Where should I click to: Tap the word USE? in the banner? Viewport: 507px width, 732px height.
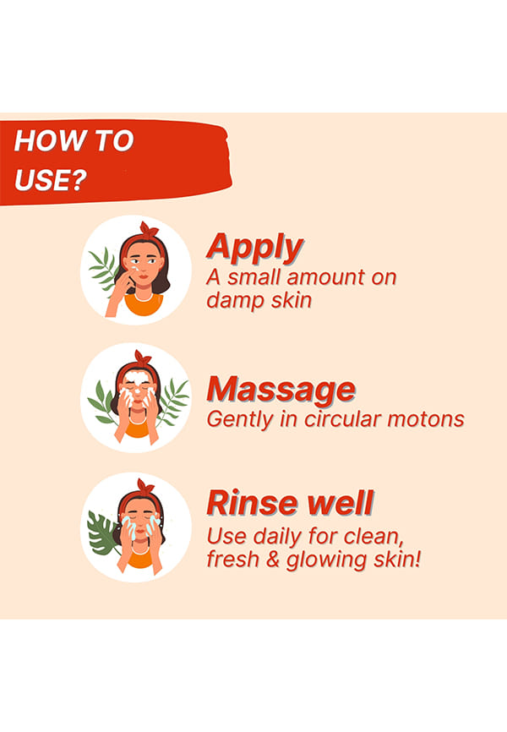coord(51,179)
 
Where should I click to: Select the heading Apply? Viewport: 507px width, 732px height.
coord(255,248)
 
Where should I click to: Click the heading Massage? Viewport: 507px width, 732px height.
coord(281,389)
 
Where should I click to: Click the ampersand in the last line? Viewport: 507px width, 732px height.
coord(273,560)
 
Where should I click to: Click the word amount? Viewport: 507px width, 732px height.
coord(326,277)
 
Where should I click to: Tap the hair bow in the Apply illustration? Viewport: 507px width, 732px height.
coord(149,230)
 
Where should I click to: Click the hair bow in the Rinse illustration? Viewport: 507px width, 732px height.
coord(145,487)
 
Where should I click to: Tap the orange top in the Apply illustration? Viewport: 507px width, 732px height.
coord(144,304)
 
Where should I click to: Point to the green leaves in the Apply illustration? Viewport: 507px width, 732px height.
coord(104,270)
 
